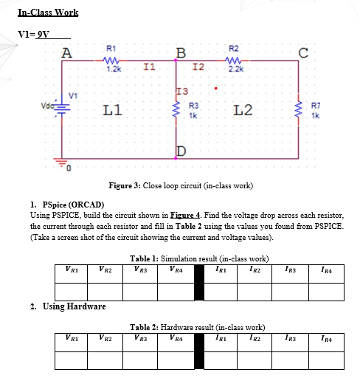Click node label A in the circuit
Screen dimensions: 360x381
click(x=67, y=53)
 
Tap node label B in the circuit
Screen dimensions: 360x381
click(x=180, y=53)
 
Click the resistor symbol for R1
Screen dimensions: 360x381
click(x=111, y=62)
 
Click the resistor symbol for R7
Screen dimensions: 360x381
click(x=300, y=111)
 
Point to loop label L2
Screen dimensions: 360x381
click(x=243, y=111)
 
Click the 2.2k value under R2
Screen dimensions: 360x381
click(x=233, y=69)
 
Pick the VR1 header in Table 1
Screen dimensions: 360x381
click(x=73, y=268)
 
